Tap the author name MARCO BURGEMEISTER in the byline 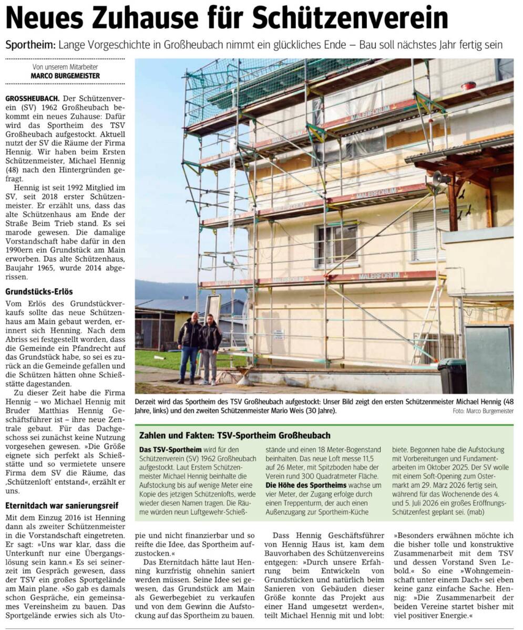tap(65, 76)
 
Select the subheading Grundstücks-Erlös tap(39, 291)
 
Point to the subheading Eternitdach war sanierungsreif tap(62, 506)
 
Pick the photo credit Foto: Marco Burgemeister tap(483, 411)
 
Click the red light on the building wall tap(468, 86)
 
